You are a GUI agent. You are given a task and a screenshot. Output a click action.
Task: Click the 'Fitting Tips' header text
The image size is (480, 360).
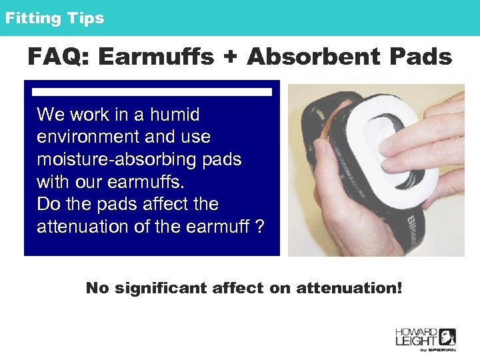click(x=55, y=18)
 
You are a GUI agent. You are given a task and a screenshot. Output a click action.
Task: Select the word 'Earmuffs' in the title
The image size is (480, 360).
click(x=155, y=57)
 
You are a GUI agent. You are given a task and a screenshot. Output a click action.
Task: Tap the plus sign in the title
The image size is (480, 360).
click(x=230, y=58)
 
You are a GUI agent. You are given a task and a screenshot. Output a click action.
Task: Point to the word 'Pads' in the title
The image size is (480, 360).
click(x=421, y=57)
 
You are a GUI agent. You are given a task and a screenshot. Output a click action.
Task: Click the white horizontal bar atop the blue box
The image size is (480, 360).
click(x=152, y=92)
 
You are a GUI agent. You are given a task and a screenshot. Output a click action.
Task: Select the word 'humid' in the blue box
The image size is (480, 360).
click(x=175, y=115)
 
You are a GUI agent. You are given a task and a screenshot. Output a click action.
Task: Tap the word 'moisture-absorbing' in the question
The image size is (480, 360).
click(x=121, y=160)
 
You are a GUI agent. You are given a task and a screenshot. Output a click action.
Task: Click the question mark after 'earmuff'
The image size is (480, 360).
click(x=259, y=227)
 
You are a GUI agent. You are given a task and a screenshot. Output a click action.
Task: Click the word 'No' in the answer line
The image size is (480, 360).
click(x=97, y=289)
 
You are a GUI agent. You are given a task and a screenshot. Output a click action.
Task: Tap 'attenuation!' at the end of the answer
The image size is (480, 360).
click(x=349, y=289)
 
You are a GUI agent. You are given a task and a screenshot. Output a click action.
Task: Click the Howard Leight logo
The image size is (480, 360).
click(x=425, y=339)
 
